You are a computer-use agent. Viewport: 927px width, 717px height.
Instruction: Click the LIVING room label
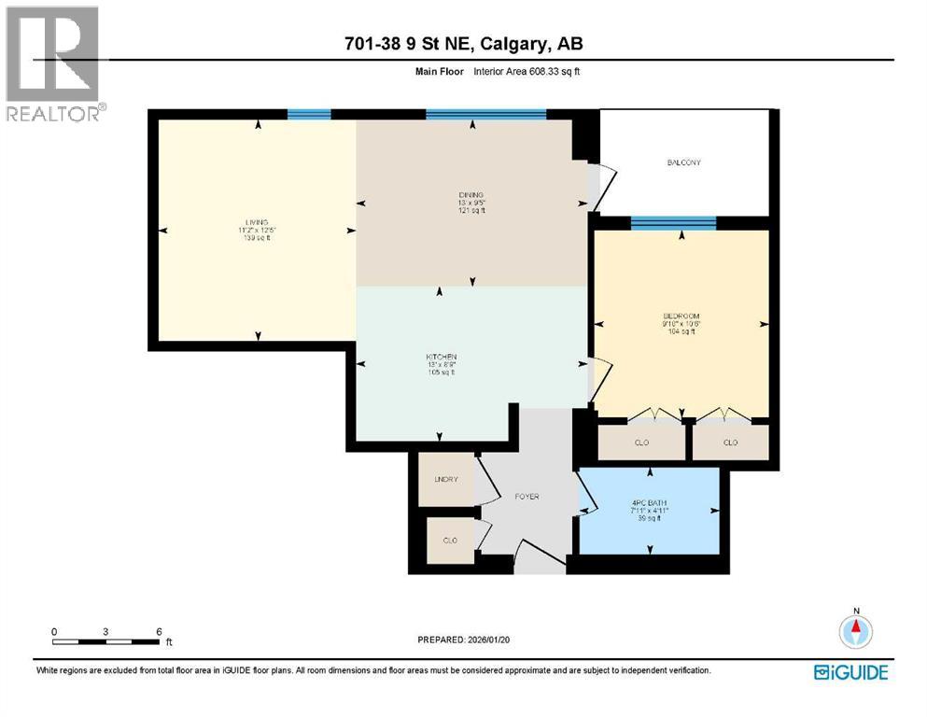[252, 222]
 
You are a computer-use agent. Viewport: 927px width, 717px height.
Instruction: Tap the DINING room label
[470, 194]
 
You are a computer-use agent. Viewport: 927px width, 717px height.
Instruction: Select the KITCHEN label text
[442, 358]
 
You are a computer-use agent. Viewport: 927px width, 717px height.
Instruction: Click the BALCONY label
[683, 162]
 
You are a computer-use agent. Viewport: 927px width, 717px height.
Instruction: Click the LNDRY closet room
[446, 479]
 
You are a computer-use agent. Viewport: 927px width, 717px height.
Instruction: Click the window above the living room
[309, 114]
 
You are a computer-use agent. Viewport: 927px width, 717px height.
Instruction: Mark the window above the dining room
[485, 114]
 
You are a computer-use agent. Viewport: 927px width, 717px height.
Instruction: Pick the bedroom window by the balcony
[673, 222]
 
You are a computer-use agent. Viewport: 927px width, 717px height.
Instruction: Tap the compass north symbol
[855, 630]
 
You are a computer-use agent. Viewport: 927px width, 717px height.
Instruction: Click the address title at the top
[464, 44]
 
